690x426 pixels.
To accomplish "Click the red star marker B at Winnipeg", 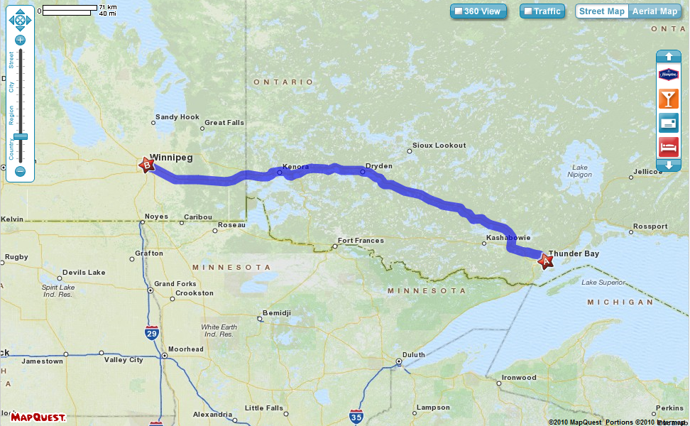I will [146, 165].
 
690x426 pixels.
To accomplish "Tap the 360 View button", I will [478, 11].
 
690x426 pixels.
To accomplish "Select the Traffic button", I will [542, 11].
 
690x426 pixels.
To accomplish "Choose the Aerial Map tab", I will [655, 11].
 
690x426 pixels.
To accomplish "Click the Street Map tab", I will [601, 11].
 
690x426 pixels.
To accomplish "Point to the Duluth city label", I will [413, 355].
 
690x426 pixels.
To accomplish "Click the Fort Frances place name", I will [361, 241].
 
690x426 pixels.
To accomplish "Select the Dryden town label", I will [378, 166].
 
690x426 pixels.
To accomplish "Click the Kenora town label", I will [295, 167].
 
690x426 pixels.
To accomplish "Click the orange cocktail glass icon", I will [668, 99].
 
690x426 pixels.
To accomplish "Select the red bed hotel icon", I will [668, 148].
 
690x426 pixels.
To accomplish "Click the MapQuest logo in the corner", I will [38, 417].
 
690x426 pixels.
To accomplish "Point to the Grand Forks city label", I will [175, 284].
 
